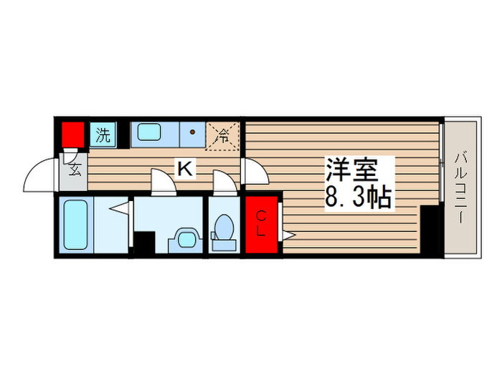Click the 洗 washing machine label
click(103, 134)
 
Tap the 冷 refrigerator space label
click(223, 134)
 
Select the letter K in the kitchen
click(184, 169)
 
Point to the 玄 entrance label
click(75, 170)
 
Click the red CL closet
click(262, 224)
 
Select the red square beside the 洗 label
click(72, 134)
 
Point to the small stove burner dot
click(193, 133)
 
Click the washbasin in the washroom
click(187, 238)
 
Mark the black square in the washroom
click(144, 243)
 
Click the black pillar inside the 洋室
click(430, 230)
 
